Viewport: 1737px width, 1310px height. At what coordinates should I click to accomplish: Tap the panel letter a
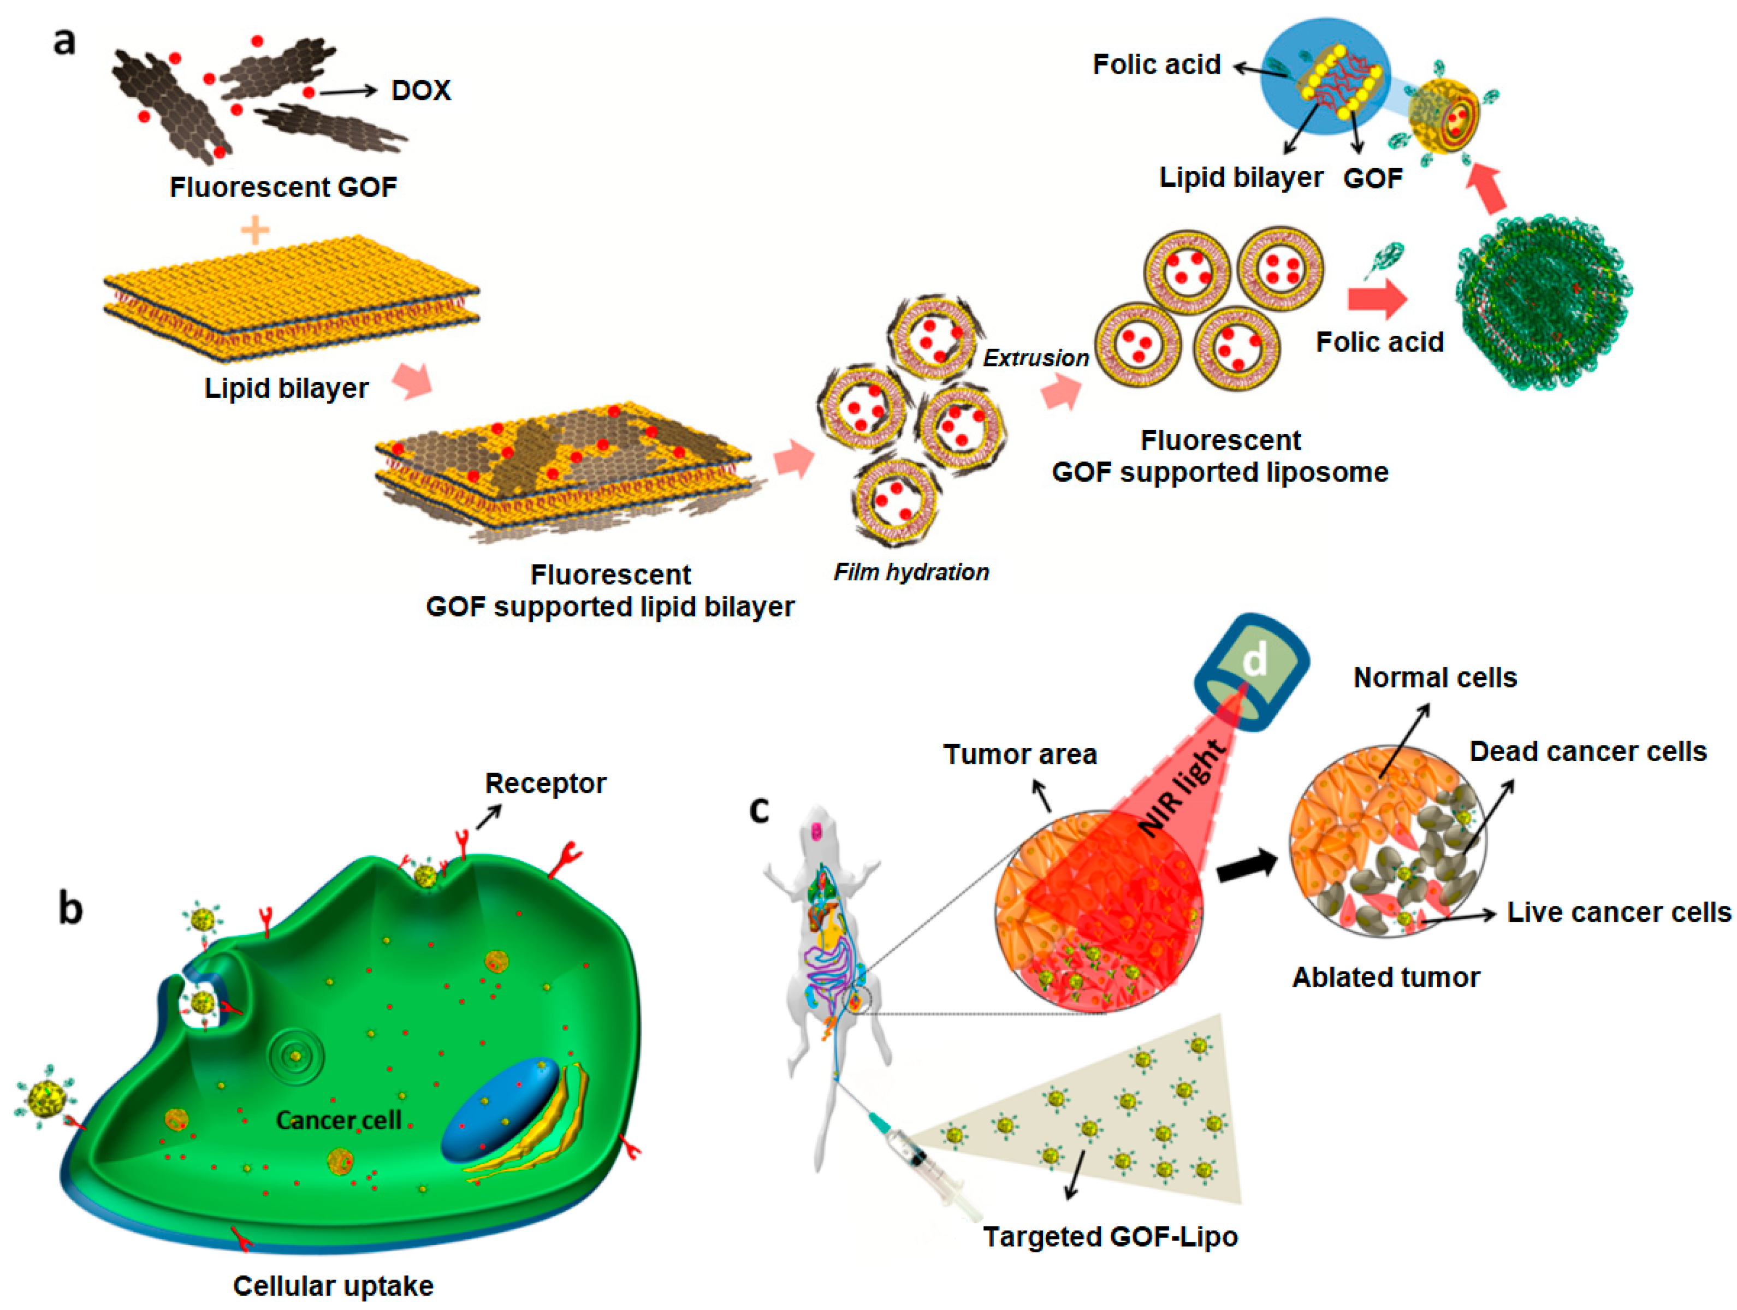[64, 41]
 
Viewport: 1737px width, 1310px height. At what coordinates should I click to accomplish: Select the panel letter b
[70, 909]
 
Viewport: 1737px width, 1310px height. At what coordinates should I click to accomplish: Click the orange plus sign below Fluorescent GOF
[255, 231]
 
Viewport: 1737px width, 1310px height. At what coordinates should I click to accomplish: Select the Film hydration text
[911, 572]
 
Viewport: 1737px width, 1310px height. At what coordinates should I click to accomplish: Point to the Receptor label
[545, 783]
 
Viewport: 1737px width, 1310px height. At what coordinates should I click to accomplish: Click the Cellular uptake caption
[333, 1285]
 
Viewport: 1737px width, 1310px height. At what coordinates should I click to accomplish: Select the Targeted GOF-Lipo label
[1110, 1236]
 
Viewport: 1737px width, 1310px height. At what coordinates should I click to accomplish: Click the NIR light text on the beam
[1182, 788]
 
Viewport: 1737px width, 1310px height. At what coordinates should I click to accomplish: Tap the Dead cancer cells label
[1588, 751]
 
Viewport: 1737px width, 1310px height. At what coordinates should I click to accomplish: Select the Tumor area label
[1019, 754]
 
